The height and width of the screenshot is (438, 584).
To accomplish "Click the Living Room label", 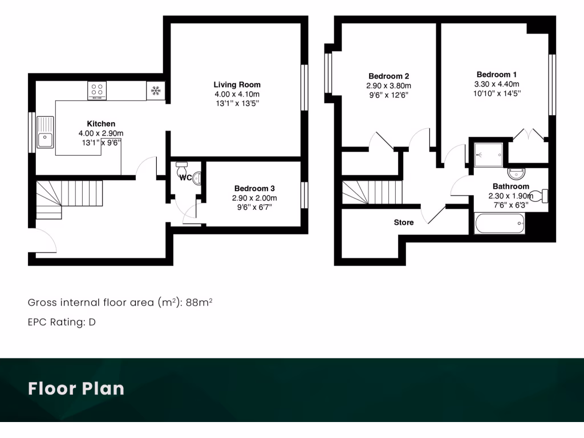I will click(x=237, y=85).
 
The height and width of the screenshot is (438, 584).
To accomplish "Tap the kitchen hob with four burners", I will click(x=97, y=91).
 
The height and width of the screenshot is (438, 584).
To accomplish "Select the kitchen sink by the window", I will click(x=45, y=132).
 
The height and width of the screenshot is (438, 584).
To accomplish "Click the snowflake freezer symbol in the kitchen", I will click(x=156, y=91).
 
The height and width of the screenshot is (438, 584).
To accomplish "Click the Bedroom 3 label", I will click(x=255, y=189).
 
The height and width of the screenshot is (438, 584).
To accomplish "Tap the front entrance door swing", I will click(x=43, y=241).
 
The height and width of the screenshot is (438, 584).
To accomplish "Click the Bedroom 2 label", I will click(x=388, y=76).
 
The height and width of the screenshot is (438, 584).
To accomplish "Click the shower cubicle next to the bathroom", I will click(x=489, y=153).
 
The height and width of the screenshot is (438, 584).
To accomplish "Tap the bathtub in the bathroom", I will click(x=499, y=223).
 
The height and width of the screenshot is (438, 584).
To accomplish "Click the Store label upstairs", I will click(x=404, y=222).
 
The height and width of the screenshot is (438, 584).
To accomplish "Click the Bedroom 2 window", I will click(x=328, y=73).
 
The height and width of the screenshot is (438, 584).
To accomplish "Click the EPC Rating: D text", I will click(x=62, y=322).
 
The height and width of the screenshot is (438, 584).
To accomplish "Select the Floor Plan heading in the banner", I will click(x=76, y=389).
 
